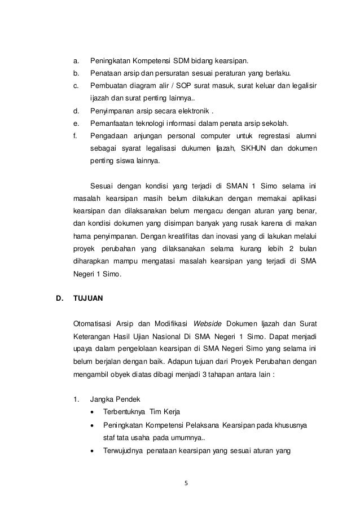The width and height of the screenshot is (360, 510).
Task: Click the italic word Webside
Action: pyautogui.click(x=207, y=324)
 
